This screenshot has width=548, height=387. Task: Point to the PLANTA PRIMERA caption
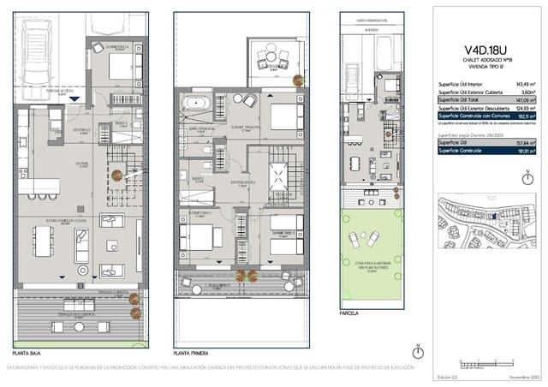click(193, 353)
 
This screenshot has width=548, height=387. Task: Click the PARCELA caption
click(349, 313)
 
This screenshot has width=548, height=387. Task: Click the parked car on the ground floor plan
click(38, 50)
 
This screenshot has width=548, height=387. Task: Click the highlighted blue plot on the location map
click(493, 216)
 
